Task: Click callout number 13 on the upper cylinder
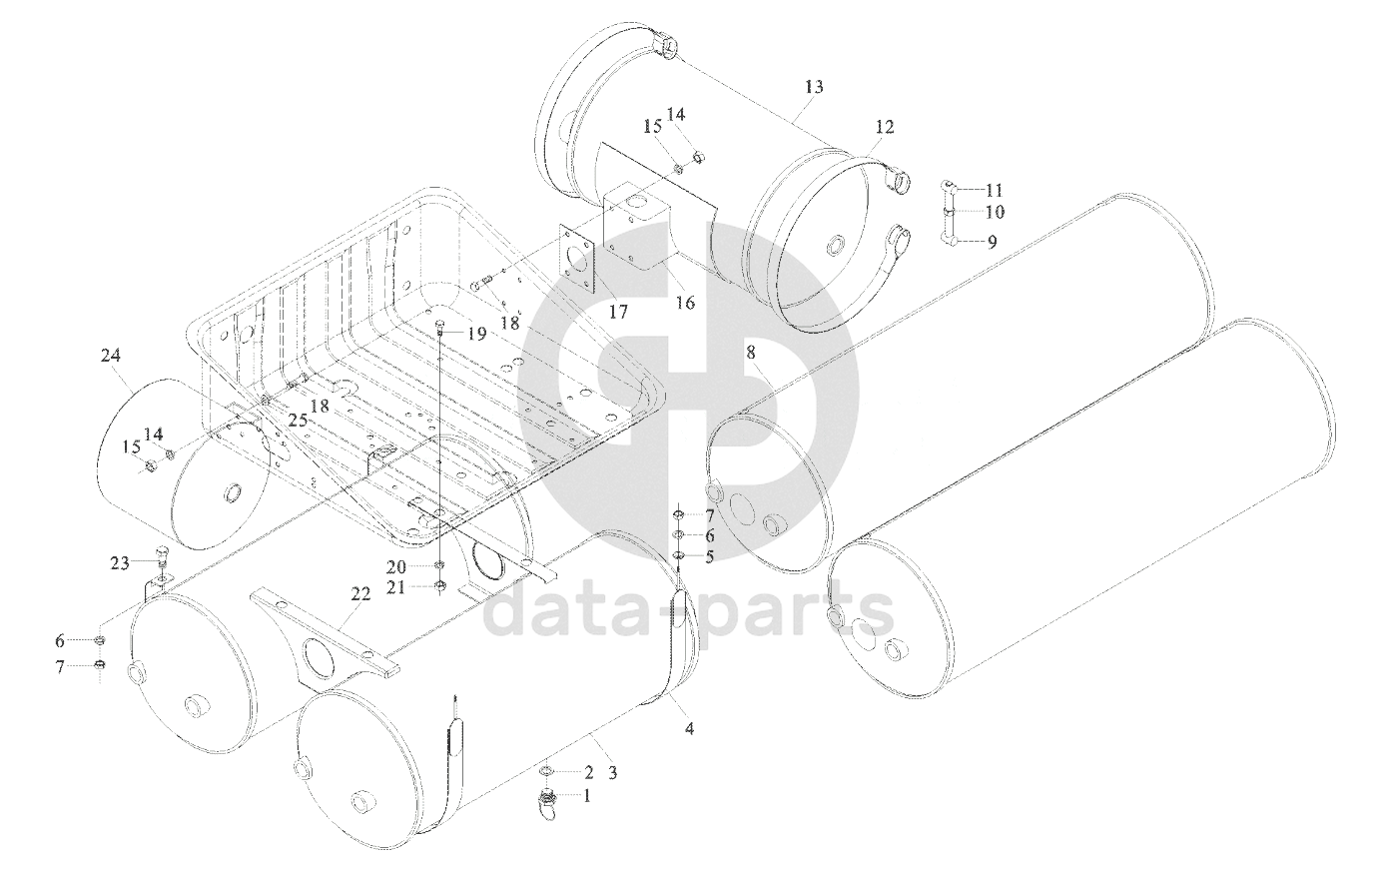(x=813, y=87)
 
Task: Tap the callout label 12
(x=885, y=127)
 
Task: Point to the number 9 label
(x=993, y=242)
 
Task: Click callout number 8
(x=751, y=352)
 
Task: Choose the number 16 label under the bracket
(x=685, y=302)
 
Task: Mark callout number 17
(x=618, y=313)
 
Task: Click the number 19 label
(x=476, y=334)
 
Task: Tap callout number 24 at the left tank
(x=111, y=355)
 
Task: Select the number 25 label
(x=298, y=420)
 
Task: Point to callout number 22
(x=361, y=593)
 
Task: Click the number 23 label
(x=120, y=562)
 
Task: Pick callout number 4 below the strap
(x=689, y=728)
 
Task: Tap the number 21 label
(x=395, y=587)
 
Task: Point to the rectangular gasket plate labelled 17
(x=578, y=260)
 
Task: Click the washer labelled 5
(x=677, y=556)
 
